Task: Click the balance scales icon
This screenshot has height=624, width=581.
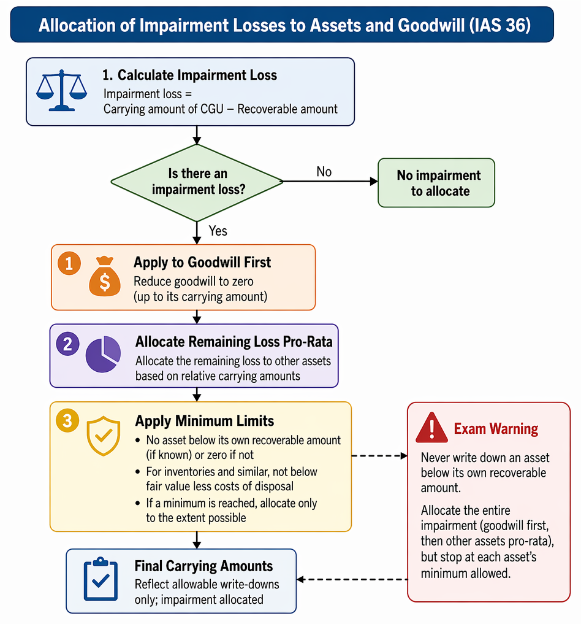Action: coord(62,91)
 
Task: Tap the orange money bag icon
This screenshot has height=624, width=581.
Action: coord(105,277)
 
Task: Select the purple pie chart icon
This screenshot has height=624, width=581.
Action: coord(104,354)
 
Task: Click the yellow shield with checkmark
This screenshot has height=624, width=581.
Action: coord(104,436)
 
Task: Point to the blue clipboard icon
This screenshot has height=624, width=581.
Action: coord(101,579)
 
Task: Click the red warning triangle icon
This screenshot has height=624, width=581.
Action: coord(431,428)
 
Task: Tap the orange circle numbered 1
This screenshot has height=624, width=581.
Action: coord(69,263)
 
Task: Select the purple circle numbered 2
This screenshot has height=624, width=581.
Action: coord(67,344)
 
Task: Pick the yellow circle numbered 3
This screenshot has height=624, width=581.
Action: coord(67,421)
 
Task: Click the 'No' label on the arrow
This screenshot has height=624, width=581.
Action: coord(324,172)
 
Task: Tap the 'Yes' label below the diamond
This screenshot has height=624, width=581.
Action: coord(218,231)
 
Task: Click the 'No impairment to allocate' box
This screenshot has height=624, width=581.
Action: coord(436,183)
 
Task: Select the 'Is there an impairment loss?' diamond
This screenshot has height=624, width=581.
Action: coord(197,182)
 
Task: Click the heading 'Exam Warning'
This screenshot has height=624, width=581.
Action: coord(496,429)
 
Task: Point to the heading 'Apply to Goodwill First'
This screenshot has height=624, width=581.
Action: coord(202,262)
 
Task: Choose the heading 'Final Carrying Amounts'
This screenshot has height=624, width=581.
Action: coord(203,566)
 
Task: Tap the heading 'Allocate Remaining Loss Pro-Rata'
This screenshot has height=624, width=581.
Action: coord(234,342)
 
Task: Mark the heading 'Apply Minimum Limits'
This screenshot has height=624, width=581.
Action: coord(205,421)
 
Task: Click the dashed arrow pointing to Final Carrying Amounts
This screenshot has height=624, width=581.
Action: coord(352,579)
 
